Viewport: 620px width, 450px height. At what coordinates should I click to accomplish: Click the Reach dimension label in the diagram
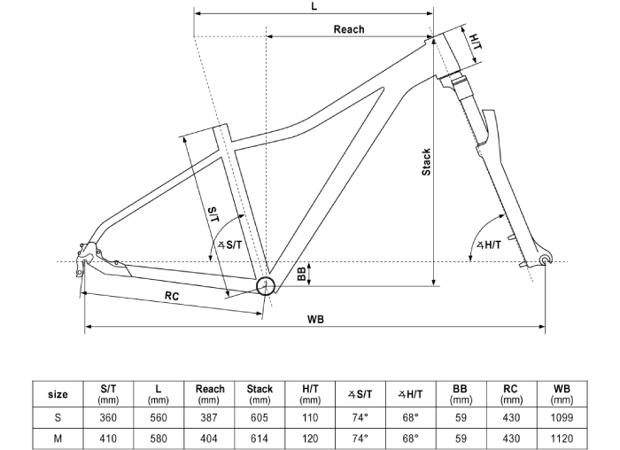click(x=348, y=29)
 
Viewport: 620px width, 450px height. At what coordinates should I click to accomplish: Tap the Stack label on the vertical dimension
click(x=426, y=162)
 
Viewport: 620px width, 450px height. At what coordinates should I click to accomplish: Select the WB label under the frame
click(x=314, y=319)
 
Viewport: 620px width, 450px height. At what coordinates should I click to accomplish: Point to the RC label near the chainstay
click(x=172, y=297)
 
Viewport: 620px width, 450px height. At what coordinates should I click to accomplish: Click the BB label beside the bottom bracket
click(x=302, y=275)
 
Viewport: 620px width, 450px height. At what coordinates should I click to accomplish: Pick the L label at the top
click(x=314, y=6)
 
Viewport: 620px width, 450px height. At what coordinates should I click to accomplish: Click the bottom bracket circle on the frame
click(x=266, y=284)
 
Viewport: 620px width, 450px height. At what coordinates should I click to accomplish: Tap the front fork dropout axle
click(x=544, y=259)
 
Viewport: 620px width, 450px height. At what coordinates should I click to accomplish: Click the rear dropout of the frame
click(x=87, y=256)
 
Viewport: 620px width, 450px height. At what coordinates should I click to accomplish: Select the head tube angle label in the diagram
click(x=489, y=244)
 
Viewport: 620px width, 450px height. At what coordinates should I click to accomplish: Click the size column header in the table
click(x=58, y=394)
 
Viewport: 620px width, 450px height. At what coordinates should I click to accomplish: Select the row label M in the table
click(x=58, y=438)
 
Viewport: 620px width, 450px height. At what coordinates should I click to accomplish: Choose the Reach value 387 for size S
click(x=210, y=417)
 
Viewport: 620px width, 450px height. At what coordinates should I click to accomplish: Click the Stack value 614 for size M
click(x=260, y=438)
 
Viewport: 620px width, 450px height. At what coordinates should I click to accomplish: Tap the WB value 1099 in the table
click(x=562, y=417)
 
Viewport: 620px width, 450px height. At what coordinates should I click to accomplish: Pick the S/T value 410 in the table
click(x=109, y=438)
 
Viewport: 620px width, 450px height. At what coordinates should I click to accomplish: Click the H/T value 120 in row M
click(x=309, y=438)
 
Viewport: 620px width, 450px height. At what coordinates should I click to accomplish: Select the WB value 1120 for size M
click(x=562, y=438)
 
